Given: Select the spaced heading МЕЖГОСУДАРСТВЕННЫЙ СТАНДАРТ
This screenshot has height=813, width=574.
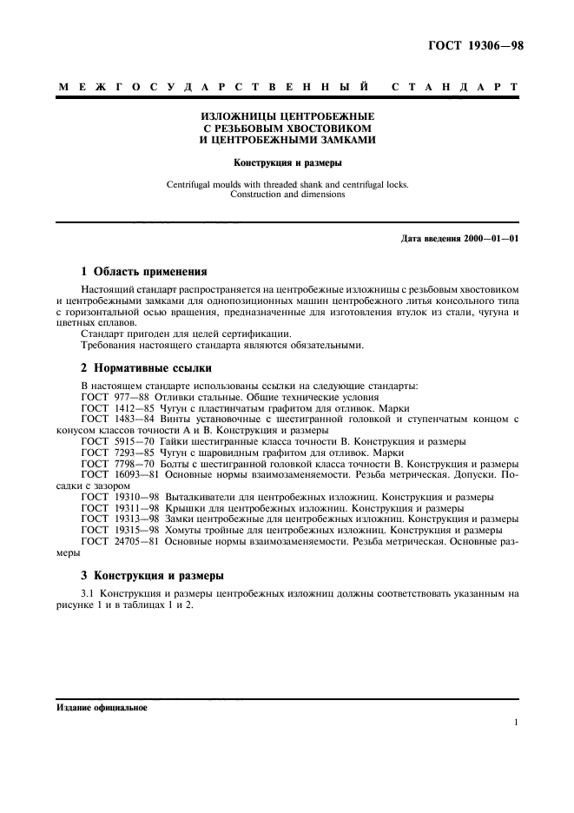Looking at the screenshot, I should pos(287,89).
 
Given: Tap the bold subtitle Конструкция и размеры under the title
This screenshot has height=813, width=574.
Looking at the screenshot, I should pos(287,162).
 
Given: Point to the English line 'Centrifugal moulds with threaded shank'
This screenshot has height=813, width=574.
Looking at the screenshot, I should pos(287,184).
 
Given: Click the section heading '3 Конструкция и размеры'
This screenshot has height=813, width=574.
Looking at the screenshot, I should pos(152,575).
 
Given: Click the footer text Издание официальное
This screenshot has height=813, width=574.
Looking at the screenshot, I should pos(102,707).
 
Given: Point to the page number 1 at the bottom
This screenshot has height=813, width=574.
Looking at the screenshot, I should pos(516,723).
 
